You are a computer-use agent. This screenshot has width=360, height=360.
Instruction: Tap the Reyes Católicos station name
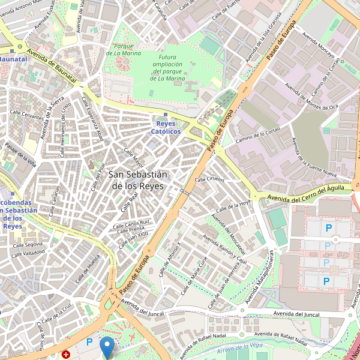click(166, 127)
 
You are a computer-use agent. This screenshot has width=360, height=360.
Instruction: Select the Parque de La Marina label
click(123, 49)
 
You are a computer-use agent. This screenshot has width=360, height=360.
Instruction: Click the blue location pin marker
click(107, 347)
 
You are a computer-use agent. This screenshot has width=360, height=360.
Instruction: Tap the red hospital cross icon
click(65, 355)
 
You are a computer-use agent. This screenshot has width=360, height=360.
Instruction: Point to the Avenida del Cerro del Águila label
click(306, 193)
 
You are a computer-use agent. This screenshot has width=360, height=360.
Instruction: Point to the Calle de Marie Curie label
click(199, 274)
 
